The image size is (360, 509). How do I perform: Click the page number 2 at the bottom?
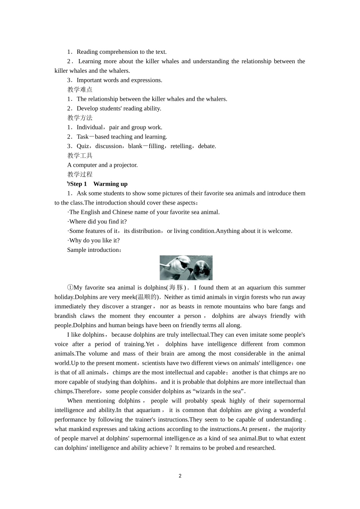(180, 476)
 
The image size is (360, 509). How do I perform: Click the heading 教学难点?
(80, 90)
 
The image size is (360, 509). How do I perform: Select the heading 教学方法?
(80, 118)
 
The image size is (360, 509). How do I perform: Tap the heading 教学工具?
(80, 156)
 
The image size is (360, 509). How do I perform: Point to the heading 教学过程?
(80, 175)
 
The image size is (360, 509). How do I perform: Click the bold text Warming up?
(110, 184)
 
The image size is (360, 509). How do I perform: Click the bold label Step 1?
(78, 184)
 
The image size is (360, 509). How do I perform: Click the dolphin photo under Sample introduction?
(186, 268)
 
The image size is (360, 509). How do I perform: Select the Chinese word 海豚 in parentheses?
(176, 288)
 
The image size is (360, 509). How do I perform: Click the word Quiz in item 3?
(83, 146)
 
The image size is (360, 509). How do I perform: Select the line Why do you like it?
(94, 240)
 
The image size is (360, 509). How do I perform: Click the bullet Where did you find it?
(97, 222)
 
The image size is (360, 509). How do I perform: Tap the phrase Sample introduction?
(93, 250)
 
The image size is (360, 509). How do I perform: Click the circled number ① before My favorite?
(70, 288)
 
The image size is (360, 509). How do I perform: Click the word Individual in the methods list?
(89, 127)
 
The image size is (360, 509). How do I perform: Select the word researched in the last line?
(261, 448)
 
